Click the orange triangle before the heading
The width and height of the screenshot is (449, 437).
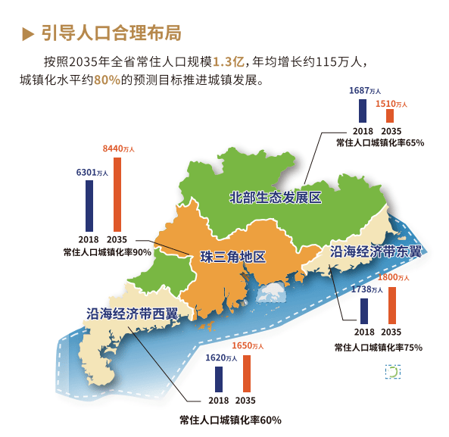click(x=28, y=33)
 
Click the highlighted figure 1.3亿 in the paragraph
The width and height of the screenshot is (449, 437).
click(x=229, y=61)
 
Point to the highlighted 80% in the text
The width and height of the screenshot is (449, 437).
click(x=108, y=80)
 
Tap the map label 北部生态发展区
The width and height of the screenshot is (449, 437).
click(x=276, y=198)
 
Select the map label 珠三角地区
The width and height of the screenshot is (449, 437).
click(x=232, y=257)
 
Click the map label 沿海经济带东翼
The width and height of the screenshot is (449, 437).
click(x=375, y=251)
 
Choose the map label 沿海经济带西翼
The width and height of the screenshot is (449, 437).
click(x=132, y=314)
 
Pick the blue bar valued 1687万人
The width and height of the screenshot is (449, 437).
click(x=363, y=110)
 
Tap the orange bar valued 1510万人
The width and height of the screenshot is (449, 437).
click(x=390, y=116)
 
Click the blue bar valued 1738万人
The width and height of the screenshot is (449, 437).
click(x=365, y=310)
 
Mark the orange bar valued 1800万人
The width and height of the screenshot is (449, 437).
click(x=391, y=304)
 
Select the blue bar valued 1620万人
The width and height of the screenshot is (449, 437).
click(x=219, y=379)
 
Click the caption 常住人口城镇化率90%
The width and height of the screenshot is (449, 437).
click(x=108, y=252)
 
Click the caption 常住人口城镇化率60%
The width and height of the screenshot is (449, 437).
click(x=230, y=420)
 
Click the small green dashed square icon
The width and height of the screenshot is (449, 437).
click(x=392, y=372)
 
